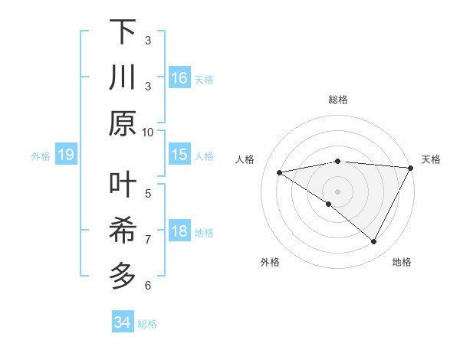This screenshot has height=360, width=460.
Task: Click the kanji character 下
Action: (x=123, y=33)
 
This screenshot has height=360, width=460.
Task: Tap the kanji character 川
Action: (x=123, y=79)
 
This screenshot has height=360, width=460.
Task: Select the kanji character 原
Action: (x=123, y=123)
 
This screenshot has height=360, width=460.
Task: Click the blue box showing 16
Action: (x=179, y=78)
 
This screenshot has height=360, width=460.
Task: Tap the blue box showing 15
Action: (x=179, y=155)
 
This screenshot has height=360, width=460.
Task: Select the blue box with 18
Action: (x=179, y=231)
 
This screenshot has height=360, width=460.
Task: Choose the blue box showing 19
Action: (x=66, y=155)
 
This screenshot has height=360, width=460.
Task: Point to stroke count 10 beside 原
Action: (x=148, y=132)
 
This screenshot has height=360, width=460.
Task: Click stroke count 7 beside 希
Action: (x=148, y=239)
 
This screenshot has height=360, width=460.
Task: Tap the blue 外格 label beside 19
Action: (x=41, y=156)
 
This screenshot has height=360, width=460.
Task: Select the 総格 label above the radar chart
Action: (x=337, y=100)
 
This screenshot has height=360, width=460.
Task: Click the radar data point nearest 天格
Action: (x=410, y=169)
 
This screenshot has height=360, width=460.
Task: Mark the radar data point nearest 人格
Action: (x=279, y=172)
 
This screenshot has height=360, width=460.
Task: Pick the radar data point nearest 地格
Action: (x=374, y=242)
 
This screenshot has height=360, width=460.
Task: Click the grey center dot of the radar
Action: (x=337, y=190)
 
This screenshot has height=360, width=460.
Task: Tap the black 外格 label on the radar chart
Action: (x=270, y=263)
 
